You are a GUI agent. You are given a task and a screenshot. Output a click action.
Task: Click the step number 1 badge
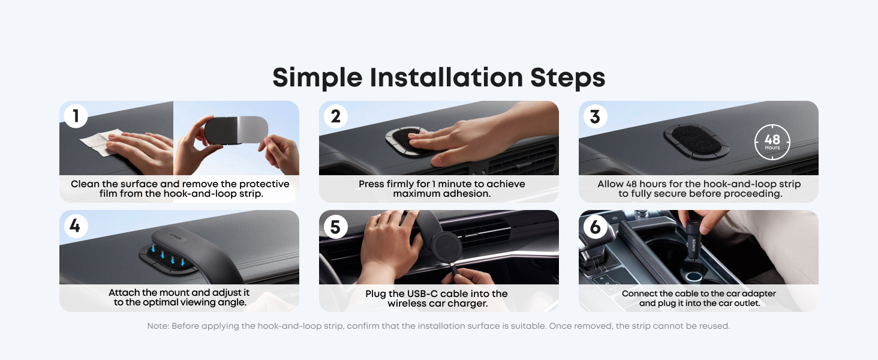[x=76, y=116]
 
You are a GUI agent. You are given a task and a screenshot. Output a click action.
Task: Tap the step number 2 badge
[x=335, y=116]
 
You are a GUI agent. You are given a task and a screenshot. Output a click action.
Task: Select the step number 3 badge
[x=595, y=116]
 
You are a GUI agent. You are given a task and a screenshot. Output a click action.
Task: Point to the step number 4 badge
[x=76, y=226]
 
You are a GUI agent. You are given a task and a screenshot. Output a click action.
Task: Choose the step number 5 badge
[x=335, y=227]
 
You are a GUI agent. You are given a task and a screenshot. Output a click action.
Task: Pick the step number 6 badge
[x=595, y=227]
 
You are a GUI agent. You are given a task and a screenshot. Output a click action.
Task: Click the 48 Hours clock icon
[x=772, y=142]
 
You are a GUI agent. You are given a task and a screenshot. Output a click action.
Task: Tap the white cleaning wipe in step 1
[x=99, y=142]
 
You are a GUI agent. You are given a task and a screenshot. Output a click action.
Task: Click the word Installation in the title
[x=446, y=77]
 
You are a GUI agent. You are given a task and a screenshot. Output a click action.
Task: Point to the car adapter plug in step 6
[x=694, y=241]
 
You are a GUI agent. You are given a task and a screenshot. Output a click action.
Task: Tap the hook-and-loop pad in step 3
[x=696, y=141]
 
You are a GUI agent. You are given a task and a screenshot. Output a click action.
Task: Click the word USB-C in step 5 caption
[x=423, y=294]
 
